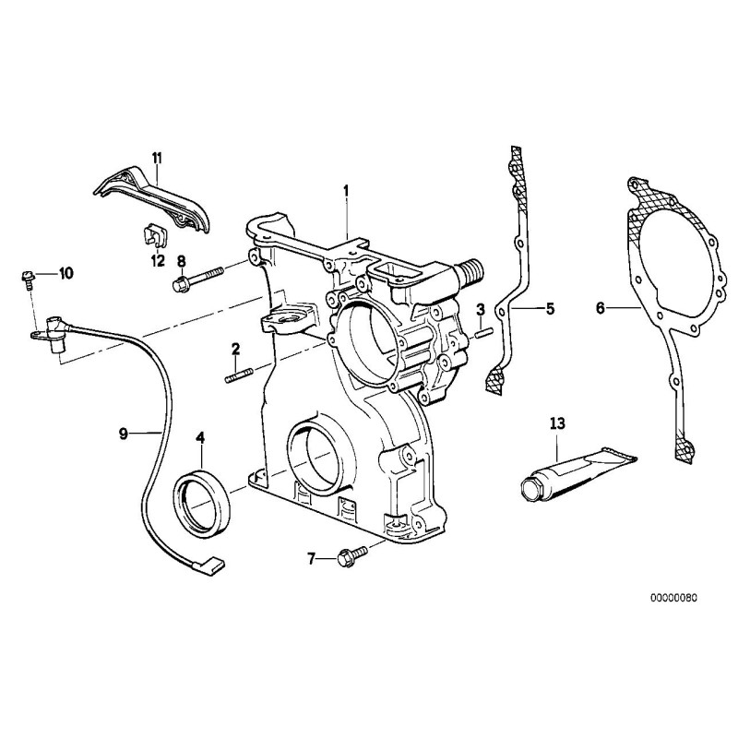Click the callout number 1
346,190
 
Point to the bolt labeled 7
351,555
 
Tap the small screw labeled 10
28,276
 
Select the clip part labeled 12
156,237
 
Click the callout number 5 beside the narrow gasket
550,308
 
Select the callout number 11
157,158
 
